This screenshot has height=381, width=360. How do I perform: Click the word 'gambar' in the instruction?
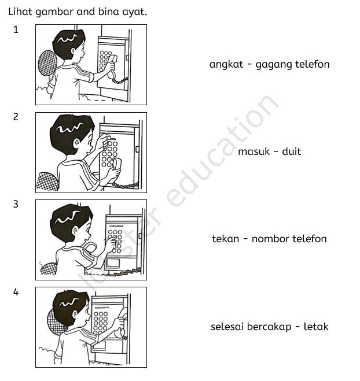click(x=54, y=12)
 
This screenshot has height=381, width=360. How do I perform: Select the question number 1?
click(x=16, y=30)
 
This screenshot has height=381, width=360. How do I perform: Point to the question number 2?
click(x=16, y=117)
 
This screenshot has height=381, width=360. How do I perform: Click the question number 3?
click(x=16, y=204)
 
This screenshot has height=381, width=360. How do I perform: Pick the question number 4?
click(x=16, y=292)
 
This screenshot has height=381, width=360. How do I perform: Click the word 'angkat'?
click(x=224, y=64)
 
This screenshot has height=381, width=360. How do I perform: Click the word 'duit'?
click(x=291, y=151)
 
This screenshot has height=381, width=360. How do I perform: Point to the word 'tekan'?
click(x=226, y=239)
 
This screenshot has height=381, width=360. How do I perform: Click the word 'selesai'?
click(x=227, y=327)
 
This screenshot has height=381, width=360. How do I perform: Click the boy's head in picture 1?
click(x=68, y=45)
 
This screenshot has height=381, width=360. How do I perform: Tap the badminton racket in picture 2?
click(x=48, y=182)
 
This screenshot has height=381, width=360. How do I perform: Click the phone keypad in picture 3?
click(x=115, y=239)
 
